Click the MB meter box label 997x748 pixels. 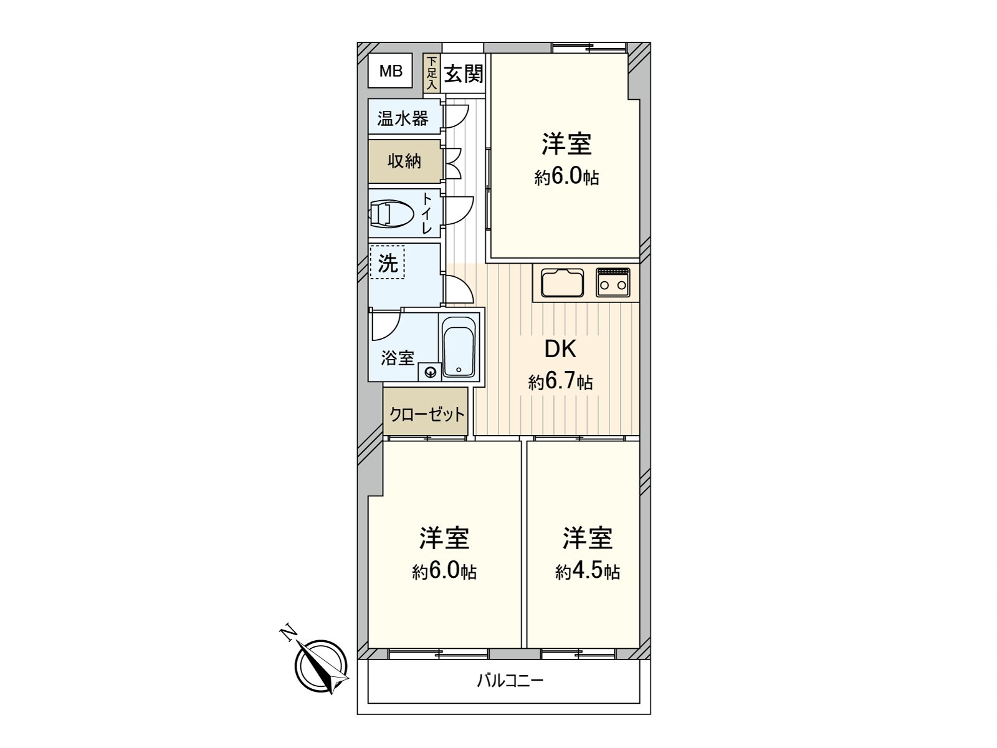391,71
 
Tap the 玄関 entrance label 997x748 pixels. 464,74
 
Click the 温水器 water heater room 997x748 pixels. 403,118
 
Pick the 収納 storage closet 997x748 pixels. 404,161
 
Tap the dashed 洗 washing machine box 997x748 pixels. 388,263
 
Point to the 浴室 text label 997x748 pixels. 398,358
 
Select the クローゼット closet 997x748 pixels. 426,413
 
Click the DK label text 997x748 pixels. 560,350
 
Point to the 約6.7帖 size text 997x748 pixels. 560,381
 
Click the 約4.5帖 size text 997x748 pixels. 587,571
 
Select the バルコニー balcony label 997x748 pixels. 510,679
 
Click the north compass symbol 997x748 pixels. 322,666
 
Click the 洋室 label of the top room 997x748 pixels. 566,144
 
